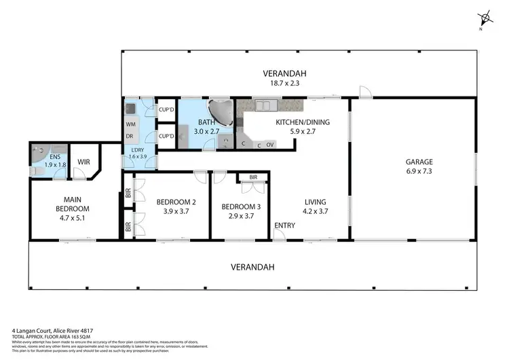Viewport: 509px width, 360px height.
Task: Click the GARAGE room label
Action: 419,162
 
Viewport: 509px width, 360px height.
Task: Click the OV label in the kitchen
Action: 270,145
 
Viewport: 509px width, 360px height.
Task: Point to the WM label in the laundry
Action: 130,124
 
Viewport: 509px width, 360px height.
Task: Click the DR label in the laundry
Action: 129,136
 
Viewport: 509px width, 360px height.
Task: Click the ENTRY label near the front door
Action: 284,225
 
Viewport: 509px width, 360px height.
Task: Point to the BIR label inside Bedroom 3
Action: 253,177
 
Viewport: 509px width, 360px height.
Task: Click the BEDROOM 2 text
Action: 176,202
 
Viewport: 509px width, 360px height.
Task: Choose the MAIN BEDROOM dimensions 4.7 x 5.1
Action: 72,219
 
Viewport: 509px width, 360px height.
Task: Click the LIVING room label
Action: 315,202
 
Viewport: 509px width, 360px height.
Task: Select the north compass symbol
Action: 484,18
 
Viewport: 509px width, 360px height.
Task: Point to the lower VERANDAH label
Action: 252,267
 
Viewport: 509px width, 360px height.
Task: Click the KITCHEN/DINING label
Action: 295,122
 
